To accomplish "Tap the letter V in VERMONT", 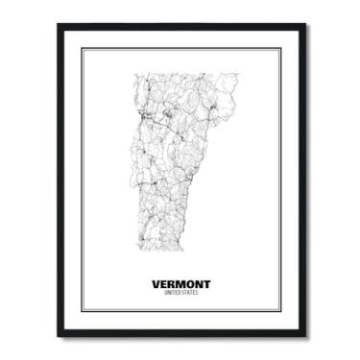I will pos(156,284).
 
